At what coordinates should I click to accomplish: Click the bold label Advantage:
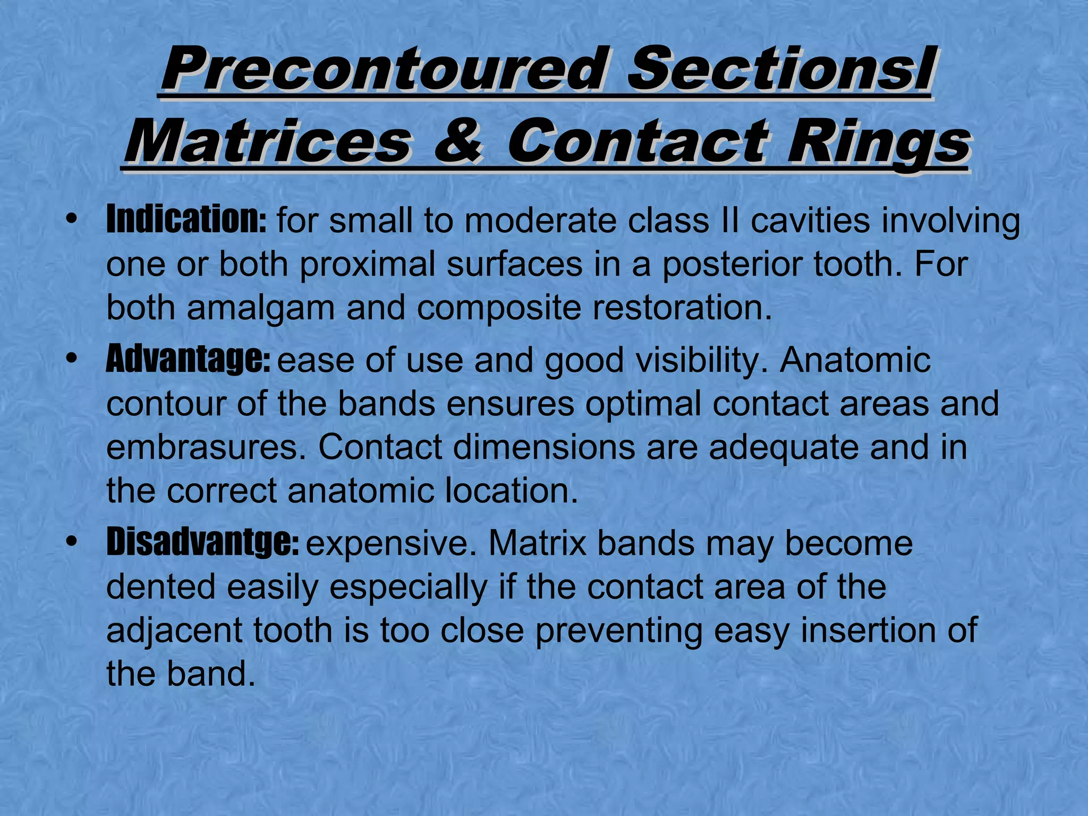click(x=188, y=360)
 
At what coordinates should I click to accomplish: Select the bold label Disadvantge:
click(x=202, y=542)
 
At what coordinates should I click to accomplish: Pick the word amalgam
click(x=260, y=308)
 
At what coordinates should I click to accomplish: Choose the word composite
click(x=499, y=309)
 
